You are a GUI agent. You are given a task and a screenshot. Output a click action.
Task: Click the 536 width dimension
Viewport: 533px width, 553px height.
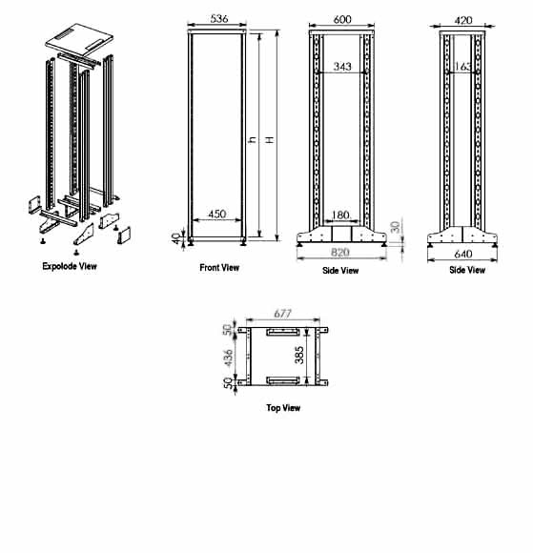click(219, 17)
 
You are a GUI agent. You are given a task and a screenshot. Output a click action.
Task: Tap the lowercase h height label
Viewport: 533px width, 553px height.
click(253, 141)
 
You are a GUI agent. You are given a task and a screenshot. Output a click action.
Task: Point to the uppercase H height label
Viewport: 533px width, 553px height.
click(270, 141)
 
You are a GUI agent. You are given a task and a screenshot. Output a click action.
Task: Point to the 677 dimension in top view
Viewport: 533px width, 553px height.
click(281, 312)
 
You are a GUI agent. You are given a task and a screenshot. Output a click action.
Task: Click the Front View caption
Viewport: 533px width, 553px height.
click(219, 268)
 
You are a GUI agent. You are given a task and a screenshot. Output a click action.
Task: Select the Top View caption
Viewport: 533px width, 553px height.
click(282, 408)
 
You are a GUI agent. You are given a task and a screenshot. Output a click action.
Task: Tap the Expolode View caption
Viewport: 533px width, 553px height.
click(70, 266)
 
